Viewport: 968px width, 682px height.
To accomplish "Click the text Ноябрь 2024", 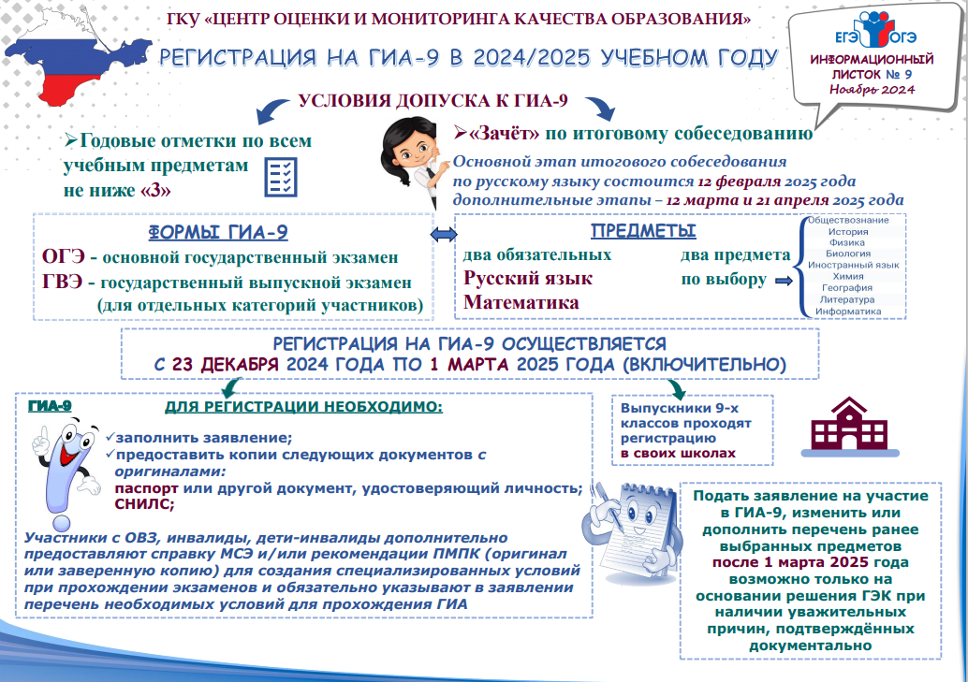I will [872, 89].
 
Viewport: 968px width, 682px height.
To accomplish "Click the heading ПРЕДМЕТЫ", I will [642, 232].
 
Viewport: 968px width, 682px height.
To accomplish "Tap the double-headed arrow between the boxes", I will [441, 233].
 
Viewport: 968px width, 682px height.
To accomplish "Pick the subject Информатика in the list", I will [848, 311].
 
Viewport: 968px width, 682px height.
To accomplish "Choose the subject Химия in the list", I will [848, 277].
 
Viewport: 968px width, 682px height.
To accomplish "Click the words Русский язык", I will [528, 279].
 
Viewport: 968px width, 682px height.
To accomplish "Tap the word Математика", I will [521, 302].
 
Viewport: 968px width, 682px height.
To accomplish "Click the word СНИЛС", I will [143, 503].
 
